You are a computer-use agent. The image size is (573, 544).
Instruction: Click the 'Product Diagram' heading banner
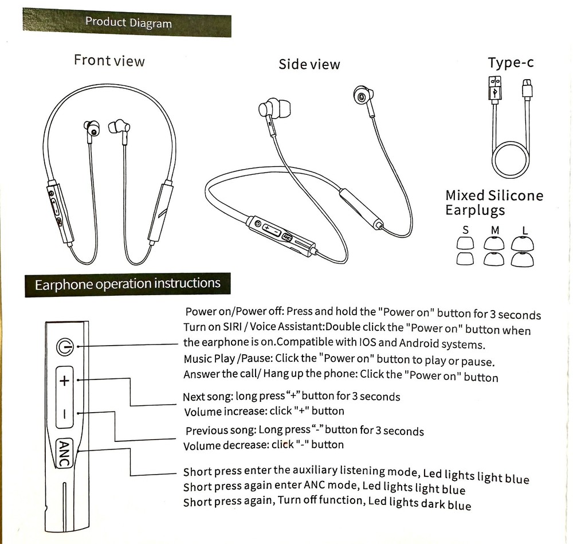click(127, 24)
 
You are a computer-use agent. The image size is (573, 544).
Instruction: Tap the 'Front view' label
click(109, 60)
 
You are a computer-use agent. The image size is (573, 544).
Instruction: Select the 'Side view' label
click(309, 64)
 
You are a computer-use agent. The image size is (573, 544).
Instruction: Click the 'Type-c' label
click(511, 62)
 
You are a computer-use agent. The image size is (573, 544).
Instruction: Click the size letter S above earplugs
click(465, 230)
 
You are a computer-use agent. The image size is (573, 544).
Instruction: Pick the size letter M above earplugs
click(495, 230)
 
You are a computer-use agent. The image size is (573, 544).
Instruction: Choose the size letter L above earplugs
click(525, 231)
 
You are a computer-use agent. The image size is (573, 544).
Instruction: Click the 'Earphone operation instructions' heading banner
click(127, 284)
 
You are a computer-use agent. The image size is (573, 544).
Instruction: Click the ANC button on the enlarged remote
click(64, 453)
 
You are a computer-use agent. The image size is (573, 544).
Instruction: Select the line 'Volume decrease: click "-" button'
click(263, 445)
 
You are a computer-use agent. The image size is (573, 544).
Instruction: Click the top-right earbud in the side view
click(361, 96)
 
